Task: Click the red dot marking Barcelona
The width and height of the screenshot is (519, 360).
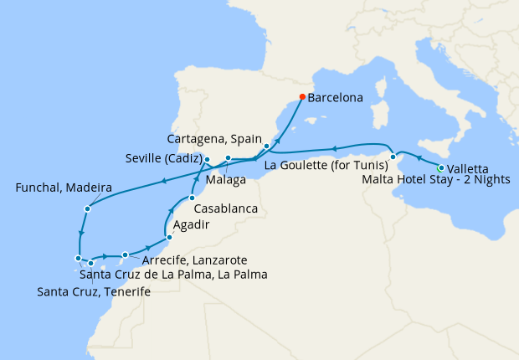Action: point(302,97)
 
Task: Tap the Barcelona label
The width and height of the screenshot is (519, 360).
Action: point(335,98)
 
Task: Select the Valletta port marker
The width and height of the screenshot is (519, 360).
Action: point(441,169)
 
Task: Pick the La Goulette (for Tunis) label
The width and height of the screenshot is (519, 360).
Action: point(326,164)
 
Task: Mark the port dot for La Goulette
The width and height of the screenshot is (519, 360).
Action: point(393,157)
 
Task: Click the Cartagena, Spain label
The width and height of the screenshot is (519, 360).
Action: point(214,138)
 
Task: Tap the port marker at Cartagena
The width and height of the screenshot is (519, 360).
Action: point(266,147)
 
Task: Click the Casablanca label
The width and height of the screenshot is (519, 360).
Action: point(224,208)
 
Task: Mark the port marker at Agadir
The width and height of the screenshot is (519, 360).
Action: point(171,239)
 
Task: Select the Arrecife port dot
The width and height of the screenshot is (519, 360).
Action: point(125,255)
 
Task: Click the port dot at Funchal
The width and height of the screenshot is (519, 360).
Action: point(86,208)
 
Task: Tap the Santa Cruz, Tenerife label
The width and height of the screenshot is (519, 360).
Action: point(94,291)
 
